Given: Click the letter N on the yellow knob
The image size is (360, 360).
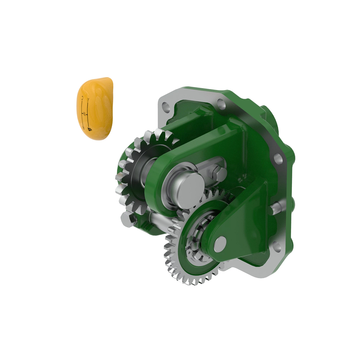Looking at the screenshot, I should coord(85,113).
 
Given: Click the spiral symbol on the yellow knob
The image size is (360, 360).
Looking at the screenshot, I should coord(89,129).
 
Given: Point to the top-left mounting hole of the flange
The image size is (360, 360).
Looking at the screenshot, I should coord(165,106).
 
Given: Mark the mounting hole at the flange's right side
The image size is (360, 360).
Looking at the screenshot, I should coord(278,158).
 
